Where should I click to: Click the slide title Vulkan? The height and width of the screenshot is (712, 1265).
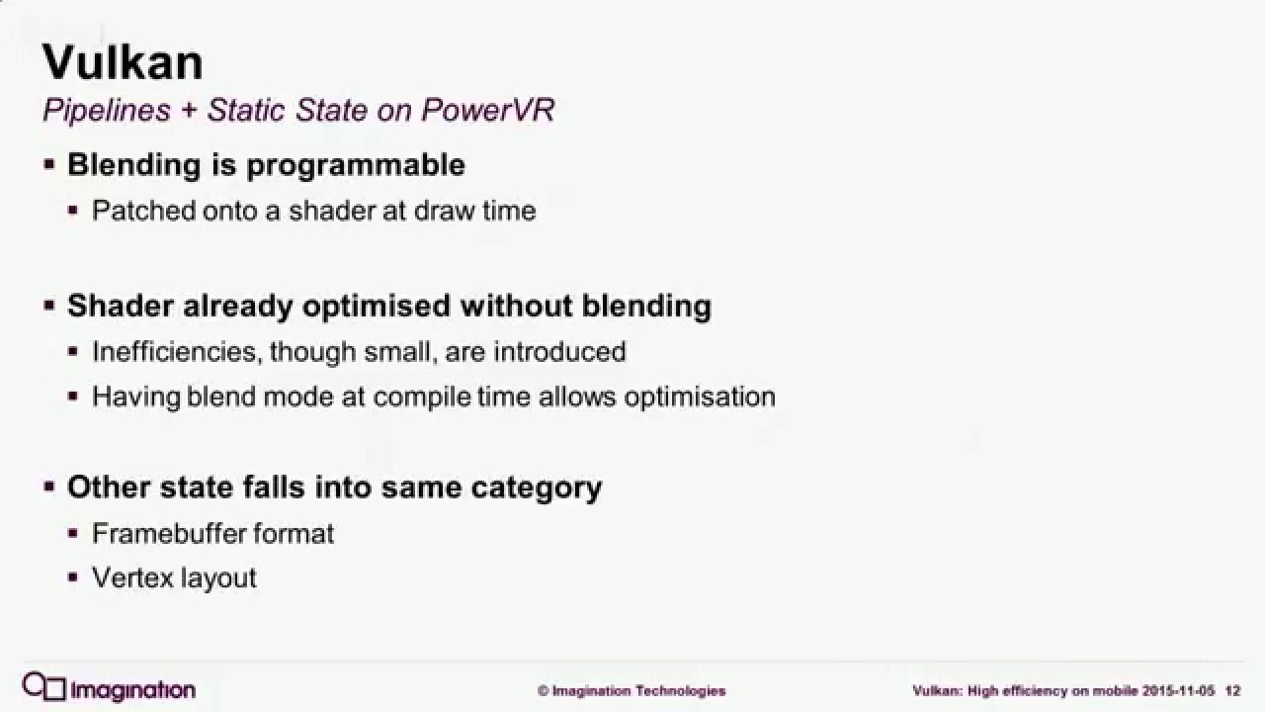point(123,62)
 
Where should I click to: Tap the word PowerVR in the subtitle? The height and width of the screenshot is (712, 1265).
point(488,110)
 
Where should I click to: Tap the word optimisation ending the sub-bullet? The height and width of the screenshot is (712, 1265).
point(700,397)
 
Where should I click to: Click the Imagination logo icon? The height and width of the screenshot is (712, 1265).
point(44,687)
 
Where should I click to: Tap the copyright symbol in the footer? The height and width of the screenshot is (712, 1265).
point(543,691)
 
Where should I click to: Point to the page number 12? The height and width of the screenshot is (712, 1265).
point(1232,690)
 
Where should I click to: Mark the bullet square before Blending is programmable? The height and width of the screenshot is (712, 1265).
point(49,164)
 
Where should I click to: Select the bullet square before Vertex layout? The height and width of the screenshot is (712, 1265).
point(73,578)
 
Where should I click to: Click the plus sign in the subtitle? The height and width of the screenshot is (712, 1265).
point(189,111)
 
